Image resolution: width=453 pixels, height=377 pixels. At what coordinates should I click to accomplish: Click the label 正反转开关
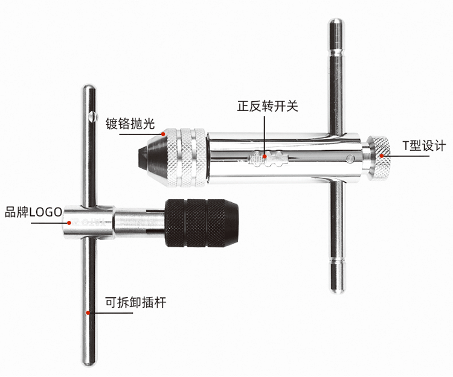pyautogui.click(x=268, y=106)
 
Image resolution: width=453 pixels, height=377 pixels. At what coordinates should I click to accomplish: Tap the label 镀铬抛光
pyautogui.click(x=130, y=124)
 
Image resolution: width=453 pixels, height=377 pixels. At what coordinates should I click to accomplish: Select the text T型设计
pyautogui.click(x=424, y=145)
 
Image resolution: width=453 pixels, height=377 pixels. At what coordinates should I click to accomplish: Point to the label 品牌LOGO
pyautogui.click(x=33, y=212)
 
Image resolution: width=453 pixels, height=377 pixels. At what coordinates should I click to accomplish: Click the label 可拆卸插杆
pyautogui.click(x=135, y=303)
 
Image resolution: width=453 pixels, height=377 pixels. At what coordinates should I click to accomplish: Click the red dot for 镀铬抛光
pyautogui.click(x=163, y=134)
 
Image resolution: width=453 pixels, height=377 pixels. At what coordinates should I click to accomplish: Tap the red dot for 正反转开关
pyautogui.click(x=265, y=156)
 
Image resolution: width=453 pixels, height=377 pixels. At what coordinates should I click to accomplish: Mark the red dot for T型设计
pyautogui.click(x=382, y=156)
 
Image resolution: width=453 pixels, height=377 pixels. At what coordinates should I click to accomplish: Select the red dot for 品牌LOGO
pyautogui.click(x=69, y=223)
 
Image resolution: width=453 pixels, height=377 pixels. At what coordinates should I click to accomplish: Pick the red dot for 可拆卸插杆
pyautogui.click(x=88, y=312)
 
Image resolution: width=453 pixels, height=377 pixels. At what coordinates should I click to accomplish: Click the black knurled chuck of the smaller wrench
pyautogui.click(x=201, y=223)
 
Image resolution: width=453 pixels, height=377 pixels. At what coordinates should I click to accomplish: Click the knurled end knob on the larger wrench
pyautogui.click(x=380, y=157)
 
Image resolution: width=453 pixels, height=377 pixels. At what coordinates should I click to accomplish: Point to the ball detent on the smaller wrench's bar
pyautogui.click(x=92, y=116)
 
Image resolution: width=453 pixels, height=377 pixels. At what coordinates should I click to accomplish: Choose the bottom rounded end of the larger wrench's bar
pyautogui.click(x=337, y=289)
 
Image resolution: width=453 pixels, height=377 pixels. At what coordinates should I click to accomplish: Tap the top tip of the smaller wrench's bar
pyautogui.click(x=89, y=87)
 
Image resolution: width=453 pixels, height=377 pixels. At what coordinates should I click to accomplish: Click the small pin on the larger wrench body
pyautogui.click(x=350, y=158)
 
